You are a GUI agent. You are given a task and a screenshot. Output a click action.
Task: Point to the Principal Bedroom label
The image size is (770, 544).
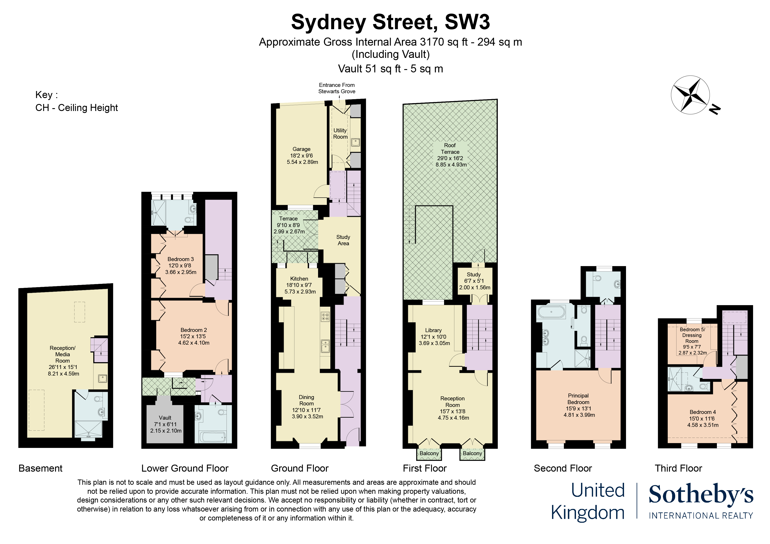pos(579,405)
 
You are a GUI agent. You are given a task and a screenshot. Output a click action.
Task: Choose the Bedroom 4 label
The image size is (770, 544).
pos(703,418)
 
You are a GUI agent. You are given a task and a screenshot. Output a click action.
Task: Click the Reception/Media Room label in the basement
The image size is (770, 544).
pos(63,361)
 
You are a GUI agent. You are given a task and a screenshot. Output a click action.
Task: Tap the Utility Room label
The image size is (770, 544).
pos(340,133)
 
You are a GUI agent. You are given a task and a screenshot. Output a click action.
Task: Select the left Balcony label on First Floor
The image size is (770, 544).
pos(429,453)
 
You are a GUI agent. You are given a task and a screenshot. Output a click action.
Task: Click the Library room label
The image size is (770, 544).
pos(434,336)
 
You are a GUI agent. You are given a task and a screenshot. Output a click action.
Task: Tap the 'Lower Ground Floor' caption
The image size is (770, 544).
pos(185,468)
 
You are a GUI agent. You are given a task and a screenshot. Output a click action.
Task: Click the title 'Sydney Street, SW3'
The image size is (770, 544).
pos(390,22)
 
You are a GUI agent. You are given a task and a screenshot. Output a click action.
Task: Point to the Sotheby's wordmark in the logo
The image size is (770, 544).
pos(701,494)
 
